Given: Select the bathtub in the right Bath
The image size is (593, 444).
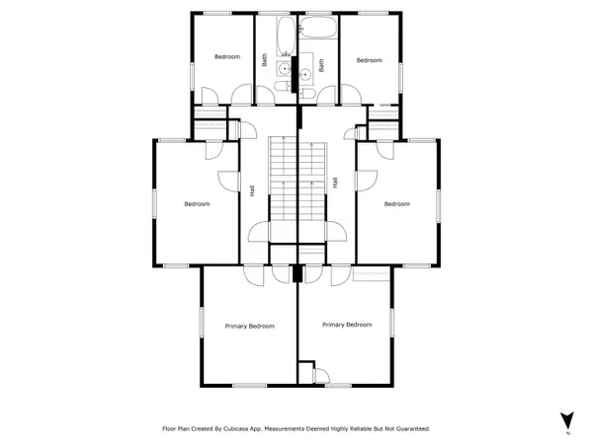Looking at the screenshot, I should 318,32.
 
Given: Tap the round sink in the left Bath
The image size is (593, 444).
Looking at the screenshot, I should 284,69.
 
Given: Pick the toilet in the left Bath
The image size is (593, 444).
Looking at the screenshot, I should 285,94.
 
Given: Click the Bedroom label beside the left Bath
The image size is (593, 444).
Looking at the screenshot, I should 227,57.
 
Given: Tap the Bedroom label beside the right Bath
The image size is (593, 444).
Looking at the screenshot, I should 369,60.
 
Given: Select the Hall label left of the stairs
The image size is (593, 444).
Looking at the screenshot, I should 254,189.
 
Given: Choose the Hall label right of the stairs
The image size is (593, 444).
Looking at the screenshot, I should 336,184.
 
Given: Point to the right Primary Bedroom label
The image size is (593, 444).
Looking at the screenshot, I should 347,324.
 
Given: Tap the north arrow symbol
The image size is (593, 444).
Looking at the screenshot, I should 567,419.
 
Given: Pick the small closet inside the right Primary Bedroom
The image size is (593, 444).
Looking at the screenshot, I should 320,376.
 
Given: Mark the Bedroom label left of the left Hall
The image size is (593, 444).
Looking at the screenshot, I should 197,204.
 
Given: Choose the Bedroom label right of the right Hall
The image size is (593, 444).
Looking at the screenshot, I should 396,204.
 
